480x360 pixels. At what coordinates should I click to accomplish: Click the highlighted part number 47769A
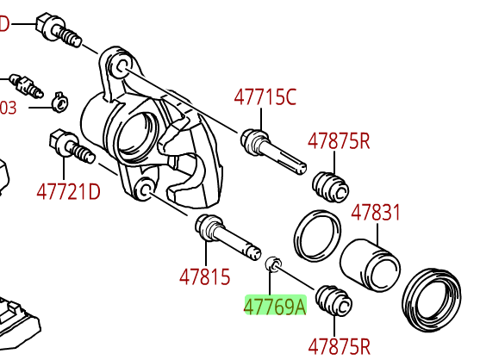click(x=275, y=306)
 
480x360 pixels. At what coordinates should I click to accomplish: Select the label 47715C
click(x=265, y=97)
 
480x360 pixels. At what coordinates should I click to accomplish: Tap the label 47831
click(x=376, y=212)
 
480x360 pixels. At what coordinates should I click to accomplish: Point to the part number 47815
click(x=205, y=276)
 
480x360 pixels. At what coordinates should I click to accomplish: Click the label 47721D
click(x=68, y=190)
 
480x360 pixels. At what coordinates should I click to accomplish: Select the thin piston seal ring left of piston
click(x=316, y=235)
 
